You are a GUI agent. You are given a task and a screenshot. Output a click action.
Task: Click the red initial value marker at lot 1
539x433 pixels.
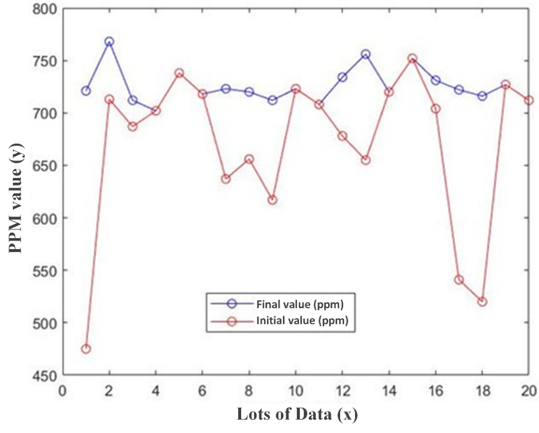tap(86, 349)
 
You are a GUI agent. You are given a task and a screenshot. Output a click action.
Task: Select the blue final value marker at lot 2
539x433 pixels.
tap(109, 42)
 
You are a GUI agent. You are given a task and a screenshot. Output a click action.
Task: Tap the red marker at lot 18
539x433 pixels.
tap(482, 302)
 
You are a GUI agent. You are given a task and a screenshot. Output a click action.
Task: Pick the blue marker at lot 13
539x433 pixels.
tap(366, 54)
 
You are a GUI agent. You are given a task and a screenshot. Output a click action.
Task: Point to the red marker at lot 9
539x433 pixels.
tap(273, 199)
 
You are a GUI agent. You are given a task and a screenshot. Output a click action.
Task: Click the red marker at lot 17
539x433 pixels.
tap(459, 279)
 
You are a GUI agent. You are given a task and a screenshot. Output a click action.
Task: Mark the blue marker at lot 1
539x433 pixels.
tap(86, 91)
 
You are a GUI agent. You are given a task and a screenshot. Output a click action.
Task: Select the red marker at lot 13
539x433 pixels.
tap(366, 160)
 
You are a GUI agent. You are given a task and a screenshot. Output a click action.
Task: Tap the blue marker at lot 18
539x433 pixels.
tap(482, 96)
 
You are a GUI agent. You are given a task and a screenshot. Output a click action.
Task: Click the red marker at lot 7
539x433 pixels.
tap(226, 179)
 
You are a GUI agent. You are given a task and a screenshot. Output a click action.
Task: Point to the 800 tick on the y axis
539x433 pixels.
tap(43, 9)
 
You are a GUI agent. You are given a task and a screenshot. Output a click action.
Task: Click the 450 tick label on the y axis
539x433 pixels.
tap(43, 375)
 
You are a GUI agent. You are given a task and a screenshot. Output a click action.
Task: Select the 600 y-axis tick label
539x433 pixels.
tap(43, 218)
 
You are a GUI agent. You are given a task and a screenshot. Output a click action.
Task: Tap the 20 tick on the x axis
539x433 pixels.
tap(529, 390)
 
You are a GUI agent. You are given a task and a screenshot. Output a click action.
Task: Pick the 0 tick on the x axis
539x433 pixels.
tap(62, 390)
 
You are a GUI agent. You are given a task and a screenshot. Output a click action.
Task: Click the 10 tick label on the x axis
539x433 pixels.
tap(296, 390)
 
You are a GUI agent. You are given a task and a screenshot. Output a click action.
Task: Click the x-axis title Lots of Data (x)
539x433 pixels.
tap(297, 414)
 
